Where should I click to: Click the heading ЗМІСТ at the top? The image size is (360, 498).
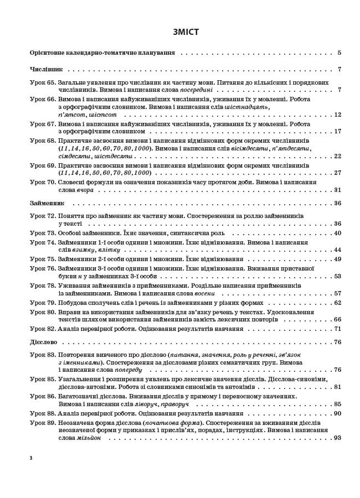coord(179,32)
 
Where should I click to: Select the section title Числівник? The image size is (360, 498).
coord(46,70)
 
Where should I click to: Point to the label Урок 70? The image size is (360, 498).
coord(43,181)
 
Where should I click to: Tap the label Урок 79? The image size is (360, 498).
coord(43,303)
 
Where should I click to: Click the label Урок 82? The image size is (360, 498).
coord(43,328)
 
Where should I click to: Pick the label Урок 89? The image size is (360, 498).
coord(43,422)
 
